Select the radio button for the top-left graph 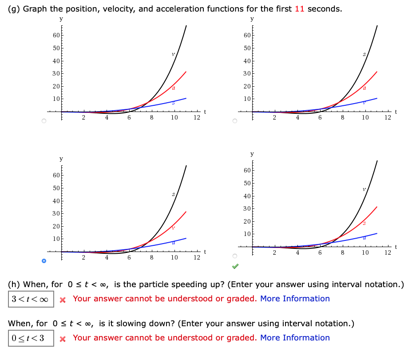point(44,121)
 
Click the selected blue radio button point(44,261)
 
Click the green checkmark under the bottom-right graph point(235,267)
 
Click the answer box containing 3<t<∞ point(31,299)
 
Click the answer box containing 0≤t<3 point(31,338)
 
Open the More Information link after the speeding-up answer point(295,299)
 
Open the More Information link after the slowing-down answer point(295,338)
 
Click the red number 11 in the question point(300,9)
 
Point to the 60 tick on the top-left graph point(55,35)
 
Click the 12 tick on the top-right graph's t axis point(388,118)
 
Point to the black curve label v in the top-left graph point(174,55)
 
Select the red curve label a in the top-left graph point(173,88)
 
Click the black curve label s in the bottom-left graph point(174,194)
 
